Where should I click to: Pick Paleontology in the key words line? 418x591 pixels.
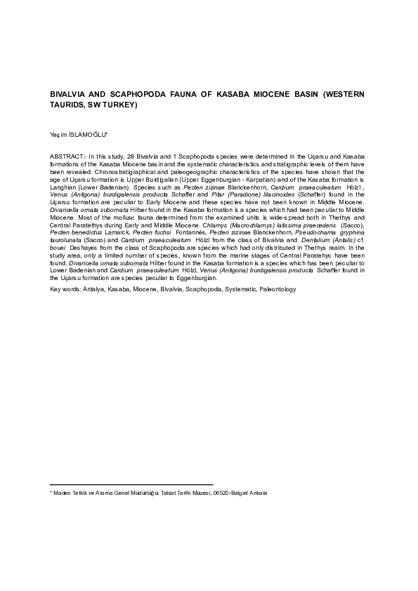click(x=277, y=288)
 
